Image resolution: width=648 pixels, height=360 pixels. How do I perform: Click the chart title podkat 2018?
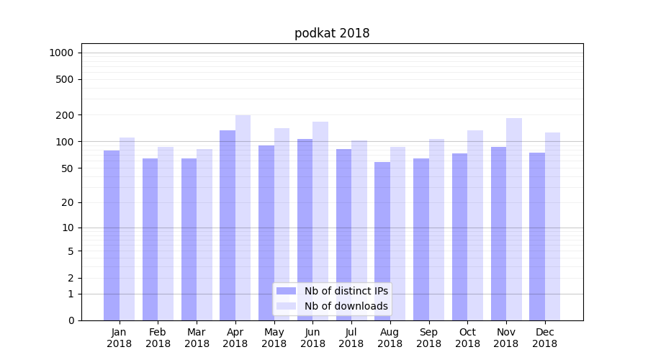332,33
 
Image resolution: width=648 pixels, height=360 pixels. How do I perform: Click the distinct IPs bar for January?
112,235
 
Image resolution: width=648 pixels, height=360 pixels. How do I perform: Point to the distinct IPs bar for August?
382,240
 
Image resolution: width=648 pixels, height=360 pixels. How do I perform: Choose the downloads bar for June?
320,220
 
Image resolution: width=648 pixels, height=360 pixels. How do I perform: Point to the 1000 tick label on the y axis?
61,53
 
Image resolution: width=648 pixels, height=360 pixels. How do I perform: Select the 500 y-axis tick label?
66,79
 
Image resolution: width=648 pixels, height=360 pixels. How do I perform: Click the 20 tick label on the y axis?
68,202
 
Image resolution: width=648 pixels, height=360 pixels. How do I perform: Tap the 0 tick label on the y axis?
71,320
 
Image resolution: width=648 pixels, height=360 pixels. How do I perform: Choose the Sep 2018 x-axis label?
428,338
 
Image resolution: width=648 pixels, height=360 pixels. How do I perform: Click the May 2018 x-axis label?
274,338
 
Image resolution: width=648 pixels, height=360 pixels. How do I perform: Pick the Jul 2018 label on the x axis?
351,338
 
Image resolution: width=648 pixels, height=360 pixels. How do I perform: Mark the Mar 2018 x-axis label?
197,338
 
